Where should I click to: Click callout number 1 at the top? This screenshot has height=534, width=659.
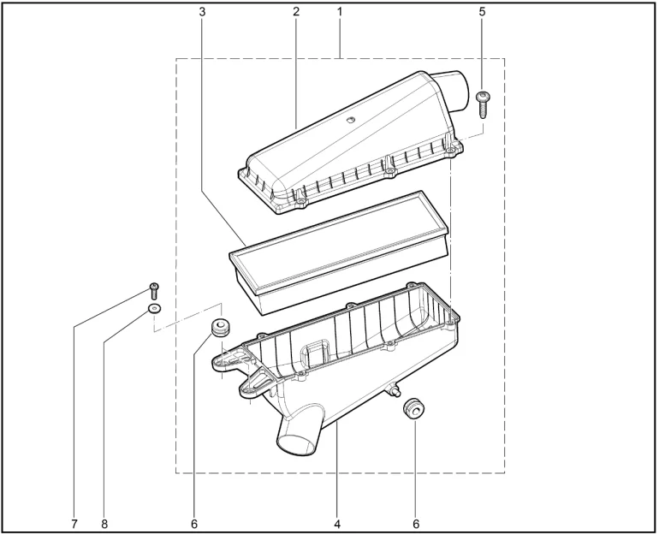coord(340,12)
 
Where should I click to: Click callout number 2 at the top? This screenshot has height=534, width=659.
coord(296,12)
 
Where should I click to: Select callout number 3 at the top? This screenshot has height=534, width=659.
coord(202,12)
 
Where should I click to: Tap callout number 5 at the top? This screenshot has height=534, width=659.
coord(482,12)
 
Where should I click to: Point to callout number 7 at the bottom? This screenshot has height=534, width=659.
coord(74,524)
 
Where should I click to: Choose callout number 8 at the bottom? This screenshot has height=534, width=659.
coord(104,524)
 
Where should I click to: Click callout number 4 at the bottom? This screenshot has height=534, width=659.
coord(337,524)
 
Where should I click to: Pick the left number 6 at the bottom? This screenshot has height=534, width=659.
coord(193,524)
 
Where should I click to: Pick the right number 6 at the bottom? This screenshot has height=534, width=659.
coord(416,524)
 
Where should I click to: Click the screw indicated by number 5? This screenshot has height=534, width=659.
coord(483,105)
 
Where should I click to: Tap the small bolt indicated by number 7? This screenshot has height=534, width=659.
coord(154,291)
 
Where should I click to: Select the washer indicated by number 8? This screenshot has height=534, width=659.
coord(154,310)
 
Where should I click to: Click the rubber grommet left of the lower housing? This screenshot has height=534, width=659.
coord(219,328)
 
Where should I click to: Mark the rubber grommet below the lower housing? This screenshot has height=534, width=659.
coord(413,408)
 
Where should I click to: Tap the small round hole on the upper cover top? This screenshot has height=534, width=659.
coord(350,121)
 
